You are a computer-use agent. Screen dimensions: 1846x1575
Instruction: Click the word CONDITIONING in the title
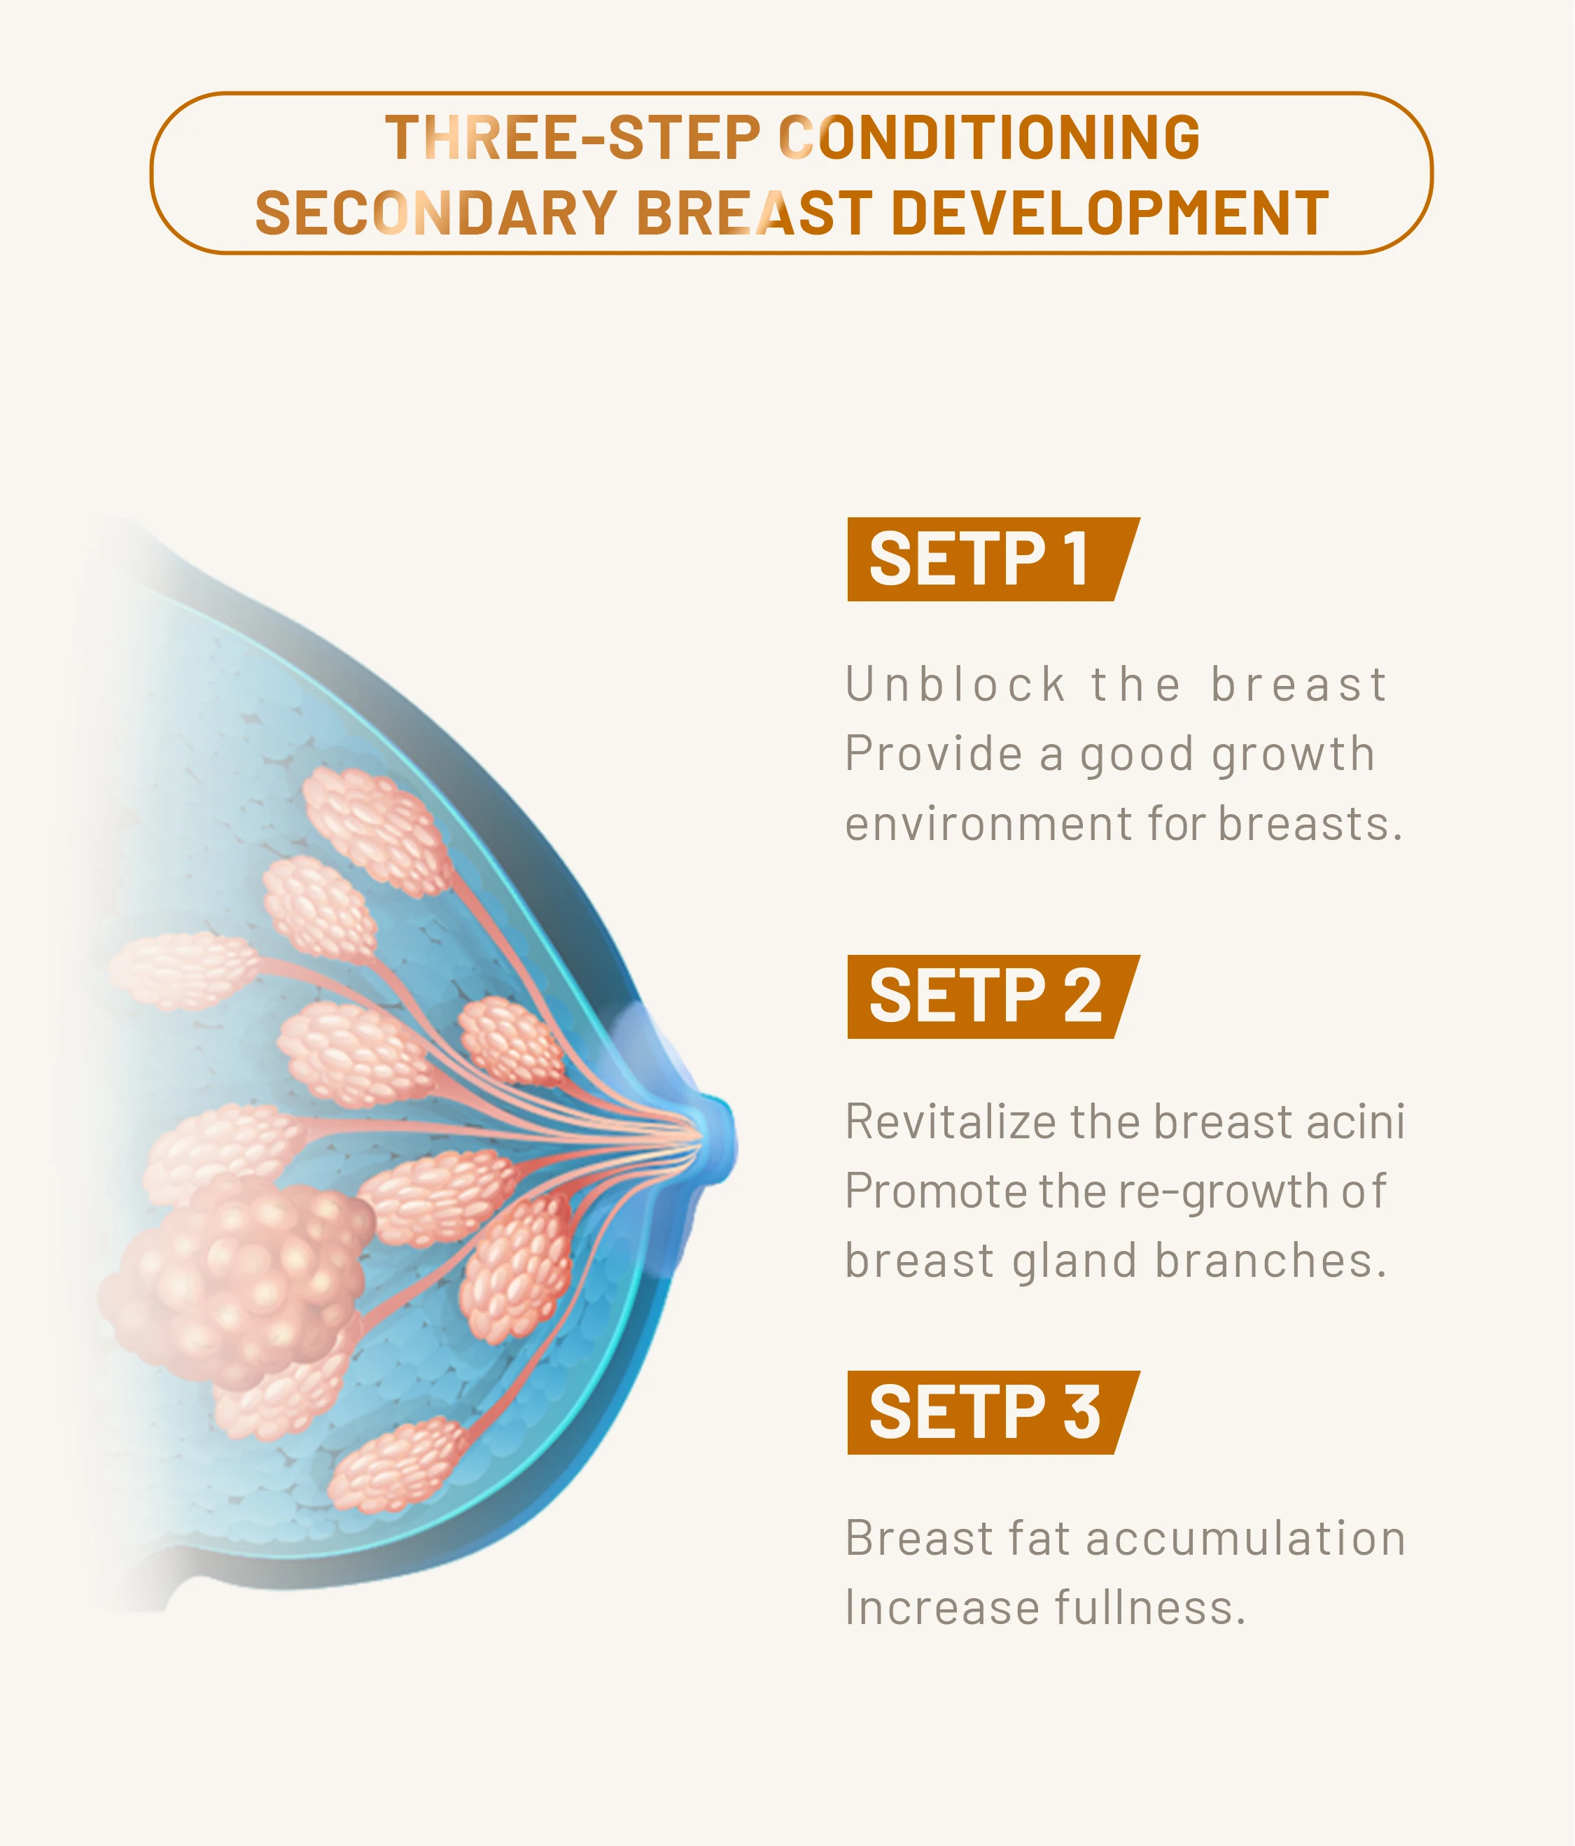(989, 137)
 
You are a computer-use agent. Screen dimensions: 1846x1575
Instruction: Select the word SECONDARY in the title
(437, 214)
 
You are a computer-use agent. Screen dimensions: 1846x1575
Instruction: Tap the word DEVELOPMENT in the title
(1109, 214)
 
